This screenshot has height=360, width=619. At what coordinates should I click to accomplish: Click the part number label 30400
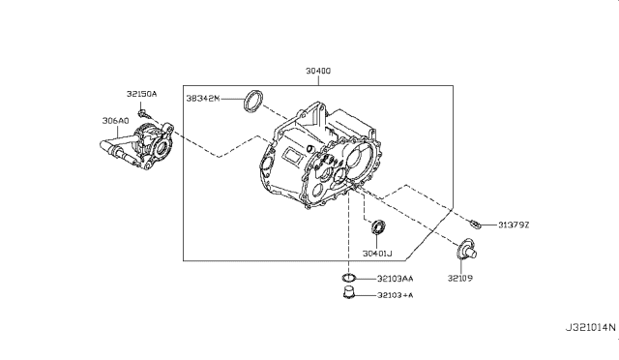(318, 71)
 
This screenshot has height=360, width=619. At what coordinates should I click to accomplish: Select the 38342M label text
(203, 98)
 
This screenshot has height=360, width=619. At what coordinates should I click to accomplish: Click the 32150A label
(142, 94)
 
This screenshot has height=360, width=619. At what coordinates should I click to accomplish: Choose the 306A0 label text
(116, 121)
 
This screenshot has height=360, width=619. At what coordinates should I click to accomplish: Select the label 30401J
(377, 254)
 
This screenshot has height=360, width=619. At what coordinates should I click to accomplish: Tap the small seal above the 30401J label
(378, 226)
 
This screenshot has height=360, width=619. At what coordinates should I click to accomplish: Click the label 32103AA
(396, 279)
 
